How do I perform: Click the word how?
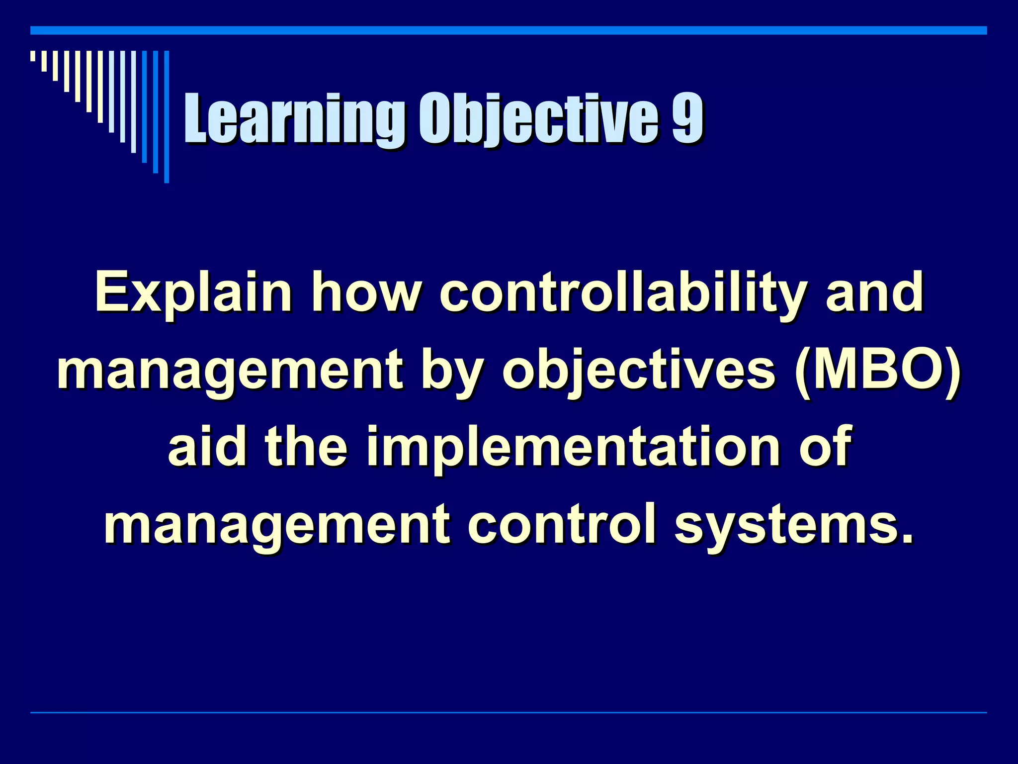(x=365, y=293)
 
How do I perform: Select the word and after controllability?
(x=874, y=293)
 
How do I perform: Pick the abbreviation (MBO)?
(x=877, y=371)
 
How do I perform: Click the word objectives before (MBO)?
(x=639, y=371)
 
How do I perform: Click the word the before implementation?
(x=306, y=448)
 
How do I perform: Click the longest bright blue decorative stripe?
(x=167, y=117)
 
